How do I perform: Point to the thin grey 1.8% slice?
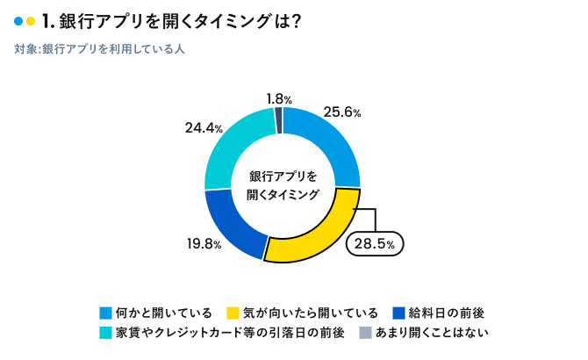(x=279, y=120)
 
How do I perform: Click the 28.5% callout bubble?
(x=376, y=242)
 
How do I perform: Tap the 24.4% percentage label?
(x=203, y=128)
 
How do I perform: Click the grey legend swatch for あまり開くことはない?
(x=366, y=333)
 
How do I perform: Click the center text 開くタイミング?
(x=283, y=194)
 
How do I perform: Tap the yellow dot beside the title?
(x=32, y=21)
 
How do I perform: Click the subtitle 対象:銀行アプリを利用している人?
(x=99, y=49)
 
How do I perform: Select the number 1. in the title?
(x=47, y=21)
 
